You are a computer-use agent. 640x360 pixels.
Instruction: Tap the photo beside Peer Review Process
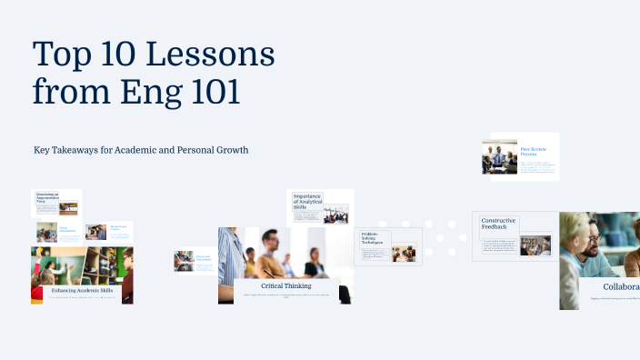(x=499, y=156)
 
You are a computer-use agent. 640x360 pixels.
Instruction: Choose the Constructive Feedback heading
(x=499, y=225)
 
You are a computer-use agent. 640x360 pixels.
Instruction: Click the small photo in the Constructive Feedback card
(x=535, y=245)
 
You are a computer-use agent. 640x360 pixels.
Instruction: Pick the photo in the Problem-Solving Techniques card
(x=404, y=254)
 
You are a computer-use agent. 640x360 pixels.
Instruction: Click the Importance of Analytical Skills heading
(x=307, y=201)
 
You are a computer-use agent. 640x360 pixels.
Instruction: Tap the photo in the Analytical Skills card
(x=335, y=215)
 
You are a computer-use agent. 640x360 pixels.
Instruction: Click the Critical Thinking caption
(x=285, y=285)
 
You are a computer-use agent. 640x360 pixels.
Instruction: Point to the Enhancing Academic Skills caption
(x=82, y=289)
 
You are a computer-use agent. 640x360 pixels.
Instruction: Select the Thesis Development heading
(x=68, y=230)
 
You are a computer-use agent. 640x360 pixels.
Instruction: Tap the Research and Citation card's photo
(x=95, y=233)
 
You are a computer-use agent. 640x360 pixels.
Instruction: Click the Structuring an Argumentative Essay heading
(x=47, y=196)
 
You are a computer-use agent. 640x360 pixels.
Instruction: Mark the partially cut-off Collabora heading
(x=620, y=286)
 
